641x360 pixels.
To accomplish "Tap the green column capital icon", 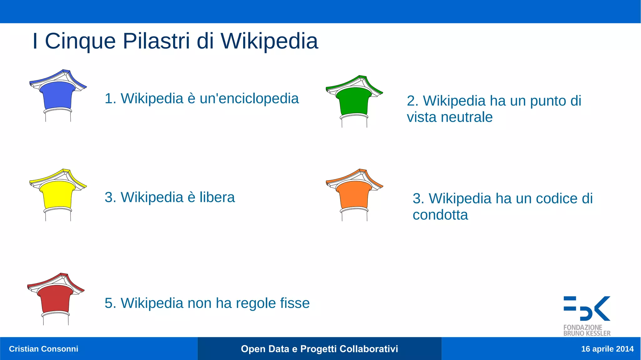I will click(354, 100).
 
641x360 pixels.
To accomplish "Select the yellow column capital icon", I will click(58, 194).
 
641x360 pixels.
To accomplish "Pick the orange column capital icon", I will click(354, 194).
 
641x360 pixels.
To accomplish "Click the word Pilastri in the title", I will click(156, 41).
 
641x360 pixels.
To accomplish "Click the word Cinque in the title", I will click(80, 42).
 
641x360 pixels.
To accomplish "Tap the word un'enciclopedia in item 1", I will click(249, 99).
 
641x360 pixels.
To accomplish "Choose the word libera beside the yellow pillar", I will click(217, 198).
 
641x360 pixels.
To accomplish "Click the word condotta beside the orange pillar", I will click(440, 215).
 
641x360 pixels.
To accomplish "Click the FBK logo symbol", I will click(587, 308).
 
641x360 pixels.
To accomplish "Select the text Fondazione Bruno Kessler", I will click(587, 331).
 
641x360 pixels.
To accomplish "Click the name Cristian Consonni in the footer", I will click(44, 349).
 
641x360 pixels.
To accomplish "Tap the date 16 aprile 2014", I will click(607, 349).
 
